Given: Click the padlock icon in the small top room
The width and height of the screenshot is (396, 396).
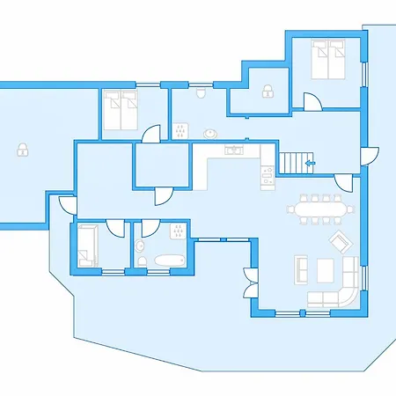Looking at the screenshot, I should [x=266, y=90].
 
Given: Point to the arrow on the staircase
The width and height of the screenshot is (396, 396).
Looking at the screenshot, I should [x=309, y=163].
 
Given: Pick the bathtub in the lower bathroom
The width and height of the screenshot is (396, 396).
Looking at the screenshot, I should [x=167, y=260].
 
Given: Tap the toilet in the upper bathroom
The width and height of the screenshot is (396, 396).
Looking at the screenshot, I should [x=202, y=91].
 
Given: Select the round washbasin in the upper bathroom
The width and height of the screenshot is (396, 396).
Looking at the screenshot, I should [x=211, y=134].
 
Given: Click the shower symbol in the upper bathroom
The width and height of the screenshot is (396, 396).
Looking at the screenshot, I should [x=180, y=132].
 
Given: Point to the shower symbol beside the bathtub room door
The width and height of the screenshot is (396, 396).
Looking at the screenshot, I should [x=177, y=231].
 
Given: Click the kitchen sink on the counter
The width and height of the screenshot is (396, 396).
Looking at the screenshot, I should [x=234, y=150].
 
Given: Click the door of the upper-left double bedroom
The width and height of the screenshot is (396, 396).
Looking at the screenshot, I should [x=150, y=134].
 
